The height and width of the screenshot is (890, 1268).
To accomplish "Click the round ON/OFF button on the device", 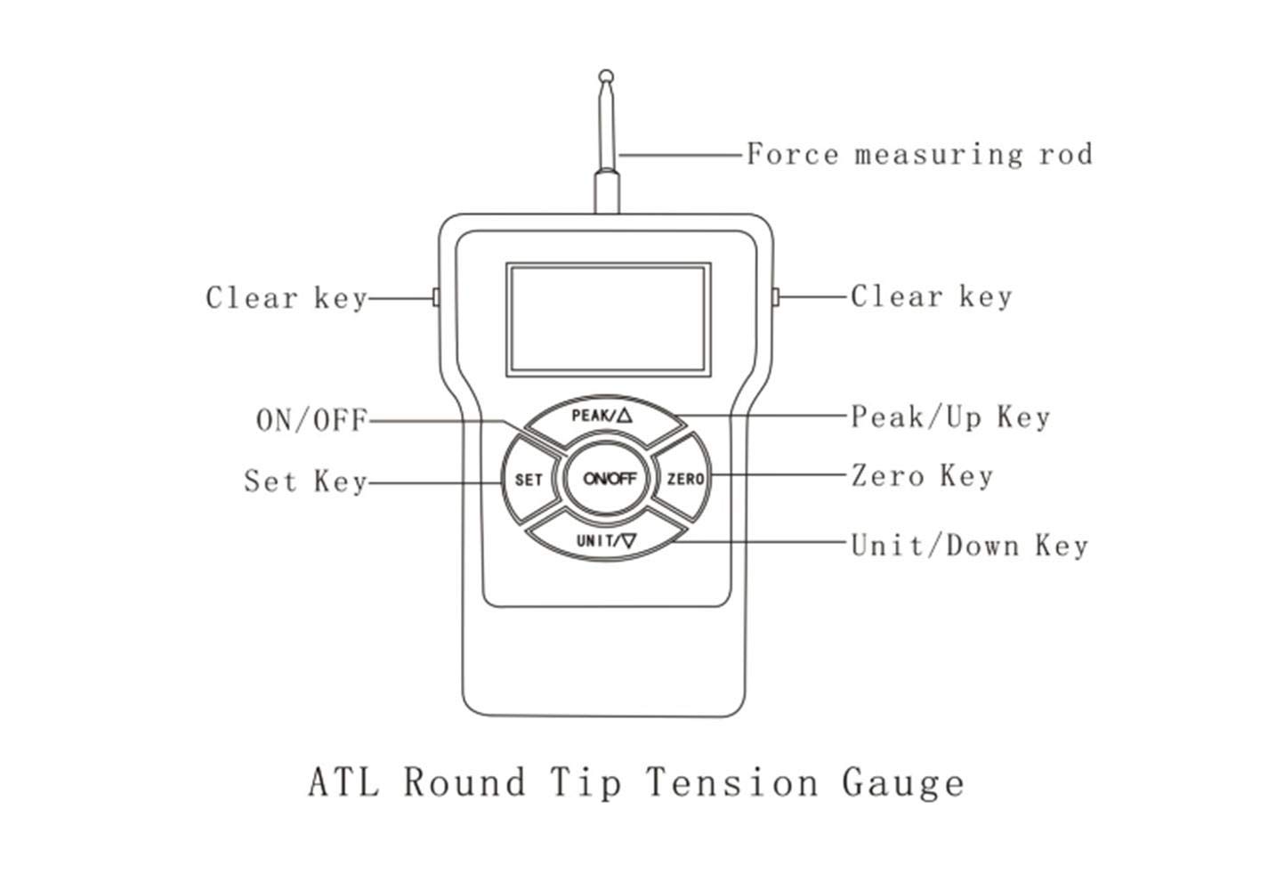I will (x=610, y=479).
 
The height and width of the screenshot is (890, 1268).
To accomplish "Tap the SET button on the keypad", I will (x=529, y=480).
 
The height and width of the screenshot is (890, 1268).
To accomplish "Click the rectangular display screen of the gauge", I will (x=609, y=319).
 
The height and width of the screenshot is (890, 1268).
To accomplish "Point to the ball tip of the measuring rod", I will (x=606, y=76).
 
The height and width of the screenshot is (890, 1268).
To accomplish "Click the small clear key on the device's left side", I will (x=436, y=297).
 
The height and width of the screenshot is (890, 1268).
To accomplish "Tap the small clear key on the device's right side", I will (x=776, y=296).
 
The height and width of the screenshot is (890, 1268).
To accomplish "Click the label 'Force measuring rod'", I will (x=918, y=155).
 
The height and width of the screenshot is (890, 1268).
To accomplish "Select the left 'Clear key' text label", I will (x=287, y=297).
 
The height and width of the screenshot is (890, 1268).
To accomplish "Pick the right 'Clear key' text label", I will (x=931, y=296).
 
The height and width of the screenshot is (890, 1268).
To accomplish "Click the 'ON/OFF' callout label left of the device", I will (x=311, y=420).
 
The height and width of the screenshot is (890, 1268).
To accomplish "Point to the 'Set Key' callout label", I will (x=305, y=481).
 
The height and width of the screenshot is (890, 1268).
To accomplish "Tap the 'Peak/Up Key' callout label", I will (x=950, y=417).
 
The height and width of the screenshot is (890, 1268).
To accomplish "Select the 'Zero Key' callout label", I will (x=922, y=475).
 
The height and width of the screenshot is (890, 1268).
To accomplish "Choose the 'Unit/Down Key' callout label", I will (x=969, y=545).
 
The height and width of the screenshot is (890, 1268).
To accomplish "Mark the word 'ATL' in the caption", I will (x=343, y=782).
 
